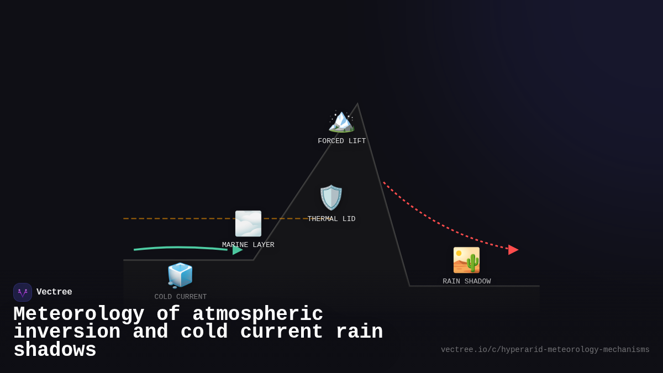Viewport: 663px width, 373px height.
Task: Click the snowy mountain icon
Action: pos(341,120)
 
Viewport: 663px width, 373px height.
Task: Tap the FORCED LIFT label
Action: pos(341,141)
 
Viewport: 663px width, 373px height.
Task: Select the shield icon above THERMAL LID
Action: pos(331,197)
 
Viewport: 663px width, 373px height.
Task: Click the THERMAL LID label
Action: pos(331,219)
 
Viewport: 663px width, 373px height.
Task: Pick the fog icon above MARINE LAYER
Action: pos(248,223)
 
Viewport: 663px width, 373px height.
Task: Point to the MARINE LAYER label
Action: pos(248,245)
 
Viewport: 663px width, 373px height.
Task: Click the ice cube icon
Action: pos(180,275)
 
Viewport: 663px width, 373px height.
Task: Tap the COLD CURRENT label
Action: pos(180,297)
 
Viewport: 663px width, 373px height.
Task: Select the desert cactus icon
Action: pos(466,260)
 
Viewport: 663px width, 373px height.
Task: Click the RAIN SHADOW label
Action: pos(466,282)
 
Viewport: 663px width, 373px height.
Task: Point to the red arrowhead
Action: pos(513,250)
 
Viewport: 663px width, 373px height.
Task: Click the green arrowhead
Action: pos(238,250)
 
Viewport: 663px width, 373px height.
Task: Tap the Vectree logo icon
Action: pos(23,292)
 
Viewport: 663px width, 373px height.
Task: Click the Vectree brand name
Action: pos(54,292)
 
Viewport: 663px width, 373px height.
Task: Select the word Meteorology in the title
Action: pos(78,314)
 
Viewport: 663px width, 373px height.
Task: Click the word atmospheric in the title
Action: pos(257,314)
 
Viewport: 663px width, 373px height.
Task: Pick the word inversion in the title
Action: pos(67,332)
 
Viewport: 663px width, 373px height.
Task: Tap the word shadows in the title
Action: pos(55,350)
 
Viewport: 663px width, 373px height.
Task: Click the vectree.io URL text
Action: pos(545,350)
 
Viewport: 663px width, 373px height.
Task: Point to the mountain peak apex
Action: pos(357,104)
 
